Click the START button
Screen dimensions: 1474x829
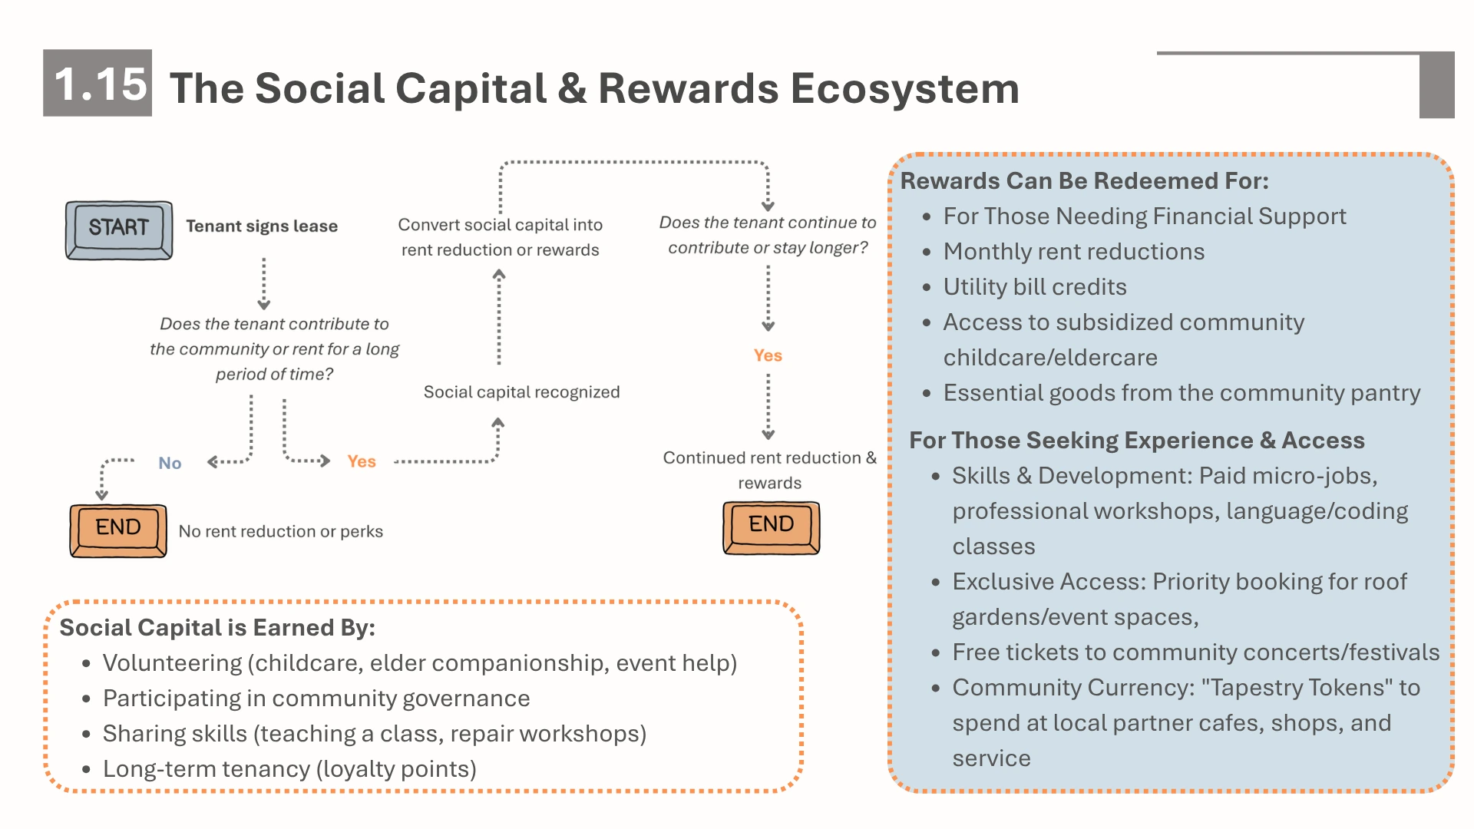pyautogui.click(x=119, y=230)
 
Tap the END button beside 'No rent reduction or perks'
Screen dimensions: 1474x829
pyautogui.click(x=118, y=530)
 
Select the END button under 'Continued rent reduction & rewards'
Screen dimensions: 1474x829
pyautogui.click(x=772, y=527)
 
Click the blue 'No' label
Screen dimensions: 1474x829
pyautogui.click(x=170, y=463)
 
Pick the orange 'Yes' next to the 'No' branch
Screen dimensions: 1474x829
pyautogui.click(x=362, y=461)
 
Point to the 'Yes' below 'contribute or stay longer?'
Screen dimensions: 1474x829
pyautogui.click(x=768, y=355)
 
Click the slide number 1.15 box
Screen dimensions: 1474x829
pyautogui.click(x=97, y=83)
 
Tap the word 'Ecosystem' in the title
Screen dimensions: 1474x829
pyautogui.click(x=905, y=88)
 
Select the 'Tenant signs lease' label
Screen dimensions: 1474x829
pyautogui.click(x=262, y=226)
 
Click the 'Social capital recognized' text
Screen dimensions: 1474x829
pyautogui.click(x=522, y=391)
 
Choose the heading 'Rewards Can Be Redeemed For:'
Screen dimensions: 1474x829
pyautogui.click(x=1085, y=180)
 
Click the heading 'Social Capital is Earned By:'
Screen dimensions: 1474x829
pyautogui.click(x=217, y=627)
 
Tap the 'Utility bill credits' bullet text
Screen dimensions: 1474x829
pyautogui.click(x=1035, y=286)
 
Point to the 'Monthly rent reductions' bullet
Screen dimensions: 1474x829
pyautogui.click(x=1074, y=251)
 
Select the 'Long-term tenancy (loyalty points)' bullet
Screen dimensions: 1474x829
pyautogui.click(x=289, y=768)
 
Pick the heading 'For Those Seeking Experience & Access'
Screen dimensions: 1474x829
pyautogui.click(x=1137, y=440)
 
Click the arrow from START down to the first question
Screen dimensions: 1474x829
pyautogui.click(x=264, y=283)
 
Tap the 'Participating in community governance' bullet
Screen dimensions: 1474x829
pyautogui.click(x=316, y=698)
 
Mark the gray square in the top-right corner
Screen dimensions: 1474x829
pyautogui.click(x=1437, y=85)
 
